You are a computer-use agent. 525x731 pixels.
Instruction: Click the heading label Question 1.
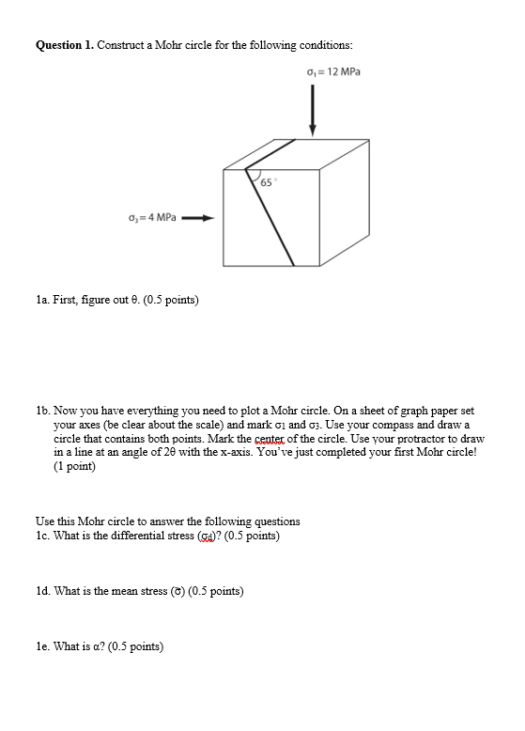[x=65, y=44]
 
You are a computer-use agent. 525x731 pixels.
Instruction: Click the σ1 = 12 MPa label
[x=332, y=72]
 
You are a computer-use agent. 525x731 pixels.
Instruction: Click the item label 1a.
[x=43, y=301]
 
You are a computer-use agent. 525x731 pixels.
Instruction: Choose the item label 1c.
[x=43, y=536]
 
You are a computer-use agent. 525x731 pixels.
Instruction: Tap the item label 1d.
[x=43, y=591]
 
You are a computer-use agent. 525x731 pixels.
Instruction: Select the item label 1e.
[x=43, y=646]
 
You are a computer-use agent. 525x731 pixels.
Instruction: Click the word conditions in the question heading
[x=326, y=44]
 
